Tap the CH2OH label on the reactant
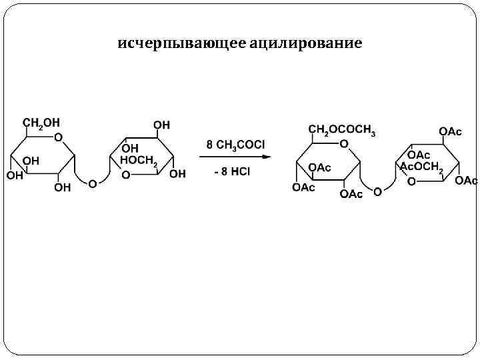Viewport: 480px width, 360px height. click(x=41, y=123)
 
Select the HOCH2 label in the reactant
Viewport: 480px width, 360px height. click(x=139, y=161)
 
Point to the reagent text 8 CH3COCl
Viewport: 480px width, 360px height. click(x=235, y=145)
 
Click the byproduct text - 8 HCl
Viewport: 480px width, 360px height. click(x=232, y=172)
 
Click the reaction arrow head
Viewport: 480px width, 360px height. click(x=266, y=157)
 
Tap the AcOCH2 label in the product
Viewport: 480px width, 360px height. click(x=421, y=167)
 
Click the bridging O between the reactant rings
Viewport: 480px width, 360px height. click(x=93, y=184)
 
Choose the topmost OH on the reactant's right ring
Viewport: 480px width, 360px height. click(x=161, y=125)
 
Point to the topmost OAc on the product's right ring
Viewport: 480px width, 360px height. click(x=450, y=131)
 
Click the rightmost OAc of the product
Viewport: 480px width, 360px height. click(x=466, y=181)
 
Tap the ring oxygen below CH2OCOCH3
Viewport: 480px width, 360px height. click(x=344, y=144)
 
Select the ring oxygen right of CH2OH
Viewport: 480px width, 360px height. click(x=59, y=137)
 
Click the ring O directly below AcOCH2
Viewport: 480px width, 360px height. click(x=411, y=181)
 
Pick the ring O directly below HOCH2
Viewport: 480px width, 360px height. click(x=126, y=175)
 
